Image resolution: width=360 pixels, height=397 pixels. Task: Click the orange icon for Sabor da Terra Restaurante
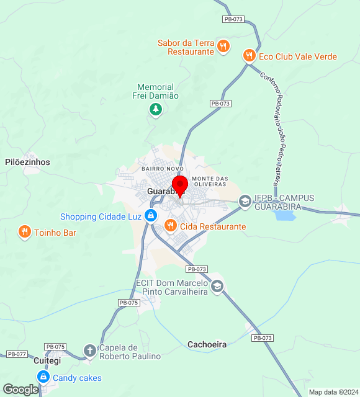(x=223, y=45)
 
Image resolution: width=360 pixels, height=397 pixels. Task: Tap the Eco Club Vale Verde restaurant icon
(x=249, y=56)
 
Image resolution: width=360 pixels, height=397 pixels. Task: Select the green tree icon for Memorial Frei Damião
(x=155, y=110)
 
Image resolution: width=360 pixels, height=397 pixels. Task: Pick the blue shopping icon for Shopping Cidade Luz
(x=150, y=216)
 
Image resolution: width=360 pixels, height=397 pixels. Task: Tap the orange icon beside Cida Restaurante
(x=170, y=226)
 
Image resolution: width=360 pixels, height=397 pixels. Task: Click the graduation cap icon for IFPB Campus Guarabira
(x=245, y=201)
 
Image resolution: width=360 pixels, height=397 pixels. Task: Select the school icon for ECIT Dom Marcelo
(x=217, y=286)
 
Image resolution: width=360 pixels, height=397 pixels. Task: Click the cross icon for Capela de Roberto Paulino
(x=90, y=351)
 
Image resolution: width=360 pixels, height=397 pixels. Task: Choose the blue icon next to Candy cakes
(x=43, y=377)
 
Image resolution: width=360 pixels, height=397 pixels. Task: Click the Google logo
(x=20, y=390)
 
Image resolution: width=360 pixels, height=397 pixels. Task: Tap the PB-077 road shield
(x=17, y=354)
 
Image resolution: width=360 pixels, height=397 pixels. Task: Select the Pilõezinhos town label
(x=27, y=162)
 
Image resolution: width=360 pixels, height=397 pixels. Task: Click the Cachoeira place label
(x=207, y=344)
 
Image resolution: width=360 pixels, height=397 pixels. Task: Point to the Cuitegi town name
(x=47, y=360)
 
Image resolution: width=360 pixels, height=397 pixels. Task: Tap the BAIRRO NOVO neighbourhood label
(x=163, y=169)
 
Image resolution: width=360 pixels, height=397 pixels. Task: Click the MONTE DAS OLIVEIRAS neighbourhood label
(x=210, y=181)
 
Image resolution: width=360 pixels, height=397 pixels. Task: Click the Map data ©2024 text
(x=333, y=392)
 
